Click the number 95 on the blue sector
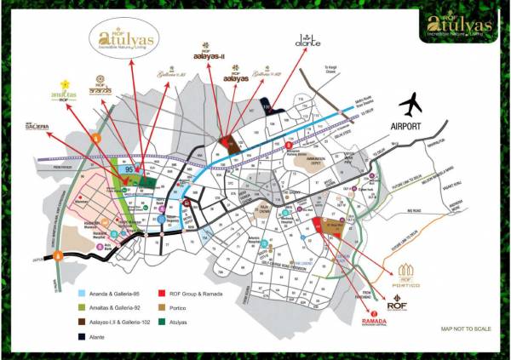pos(129,169)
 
